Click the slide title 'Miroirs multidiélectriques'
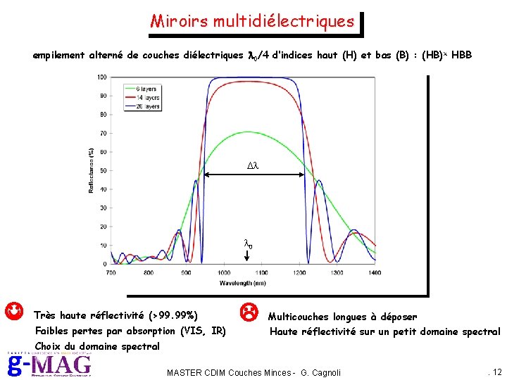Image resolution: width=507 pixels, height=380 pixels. (252, 21)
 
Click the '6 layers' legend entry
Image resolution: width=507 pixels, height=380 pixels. (148, 89)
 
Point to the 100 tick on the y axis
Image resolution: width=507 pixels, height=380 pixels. (102, 77)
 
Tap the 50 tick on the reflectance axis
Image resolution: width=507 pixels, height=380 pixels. (104, 170)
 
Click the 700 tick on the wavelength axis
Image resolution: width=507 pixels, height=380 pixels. (111, 272)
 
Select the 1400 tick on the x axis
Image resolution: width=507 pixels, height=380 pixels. (375, 272)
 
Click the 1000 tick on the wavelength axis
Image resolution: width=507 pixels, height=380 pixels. (224, 272)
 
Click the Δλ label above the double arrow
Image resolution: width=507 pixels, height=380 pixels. (253, 165)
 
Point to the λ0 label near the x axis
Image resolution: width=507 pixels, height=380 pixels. (249, 244)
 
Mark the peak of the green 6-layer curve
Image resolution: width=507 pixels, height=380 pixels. (242, 132)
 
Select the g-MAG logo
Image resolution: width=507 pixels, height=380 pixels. (49, 365)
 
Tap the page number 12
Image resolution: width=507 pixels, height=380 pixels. (496, 371)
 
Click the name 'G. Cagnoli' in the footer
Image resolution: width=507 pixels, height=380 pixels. (321, 372)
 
